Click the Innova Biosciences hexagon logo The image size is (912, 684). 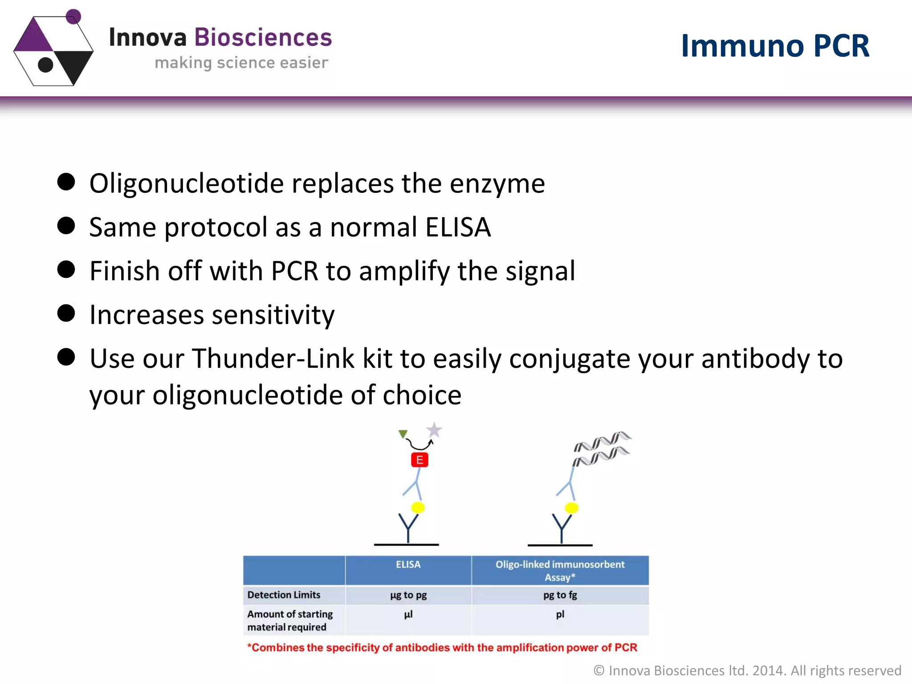pos(53,49)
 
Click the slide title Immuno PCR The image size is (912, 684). pos(775,45)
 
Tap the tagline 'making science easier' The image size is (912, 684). pos(241,63)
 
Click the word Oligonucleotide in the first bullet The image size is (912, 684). pos(186,183)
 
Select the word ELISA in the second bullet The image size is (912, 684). pos(458,227)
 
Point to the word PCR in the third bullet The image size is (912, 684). pos(294,271)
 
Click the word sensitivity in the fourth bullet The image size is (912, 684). pos(273,315)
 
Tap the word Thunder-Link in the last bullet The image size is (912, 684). pos(273,358)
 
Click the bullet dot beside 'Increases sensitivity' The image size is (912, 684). pos(66,313)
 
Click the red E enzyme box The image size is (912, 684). pos(419,460)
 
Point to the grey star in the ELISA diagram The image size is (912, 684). pos(434,430)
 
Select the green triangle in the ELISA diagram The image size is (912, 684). pos(403,434)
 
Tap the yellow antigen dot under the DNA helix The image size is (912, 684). pos(571,508)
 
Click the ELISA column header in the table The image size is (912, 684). pos(408,565)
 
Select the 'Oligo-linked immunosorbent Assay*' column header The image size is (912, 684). pos(560,570)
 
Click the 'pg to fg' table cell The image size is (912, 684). pos(560,595)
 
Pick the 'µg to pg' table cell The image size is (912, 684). pos(408,595)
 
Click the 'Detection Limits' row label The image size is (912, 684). pos(284,595)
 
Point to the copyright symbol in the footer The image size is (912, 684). pos(599,671)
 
